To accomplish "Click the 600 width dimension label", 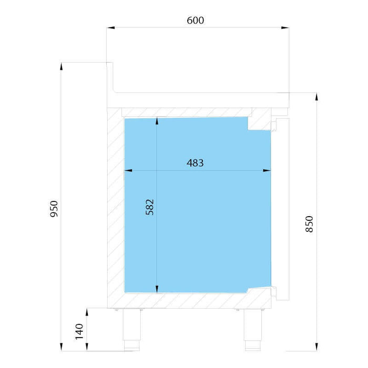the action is (x=195, y=21).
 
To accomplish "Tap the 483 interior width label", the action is (x=195, y=163).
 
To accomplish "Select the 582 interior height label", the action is (x=150, y=207).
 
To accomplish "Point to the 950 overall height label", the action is (x=54, y=209).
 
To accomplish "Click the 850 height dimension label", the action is (x=309, y=224).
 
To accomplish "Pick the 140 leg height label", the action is (x=79, y=331).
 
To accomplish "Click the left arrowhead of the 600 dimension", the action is (x=110, y=28).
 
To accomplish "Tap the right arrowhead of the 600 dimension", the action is (x=285, y=28).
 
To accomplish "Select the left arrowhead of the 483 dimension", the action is (x=128, y=170).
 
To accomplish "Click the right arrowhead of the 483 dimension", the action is (x=267, y=170).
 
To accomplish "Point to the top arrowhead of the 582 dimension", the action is (x=157, y=121).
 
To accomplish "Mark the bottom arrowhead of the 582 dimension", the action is (x=157, y=289).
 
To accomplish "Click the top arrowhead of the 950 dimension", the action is (x=62, y=66).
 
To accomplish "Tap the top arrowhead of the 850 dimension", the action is (x=316, y=97).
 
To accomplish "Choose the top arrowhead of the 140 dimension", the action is (x=87, y=312).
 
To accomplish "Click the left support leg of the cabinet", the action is (x=132, y=330).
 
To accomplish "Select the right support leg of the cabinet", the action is (x=253, y=330).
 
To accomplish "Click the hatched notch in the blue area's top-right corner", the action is (x=259, y=123).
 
